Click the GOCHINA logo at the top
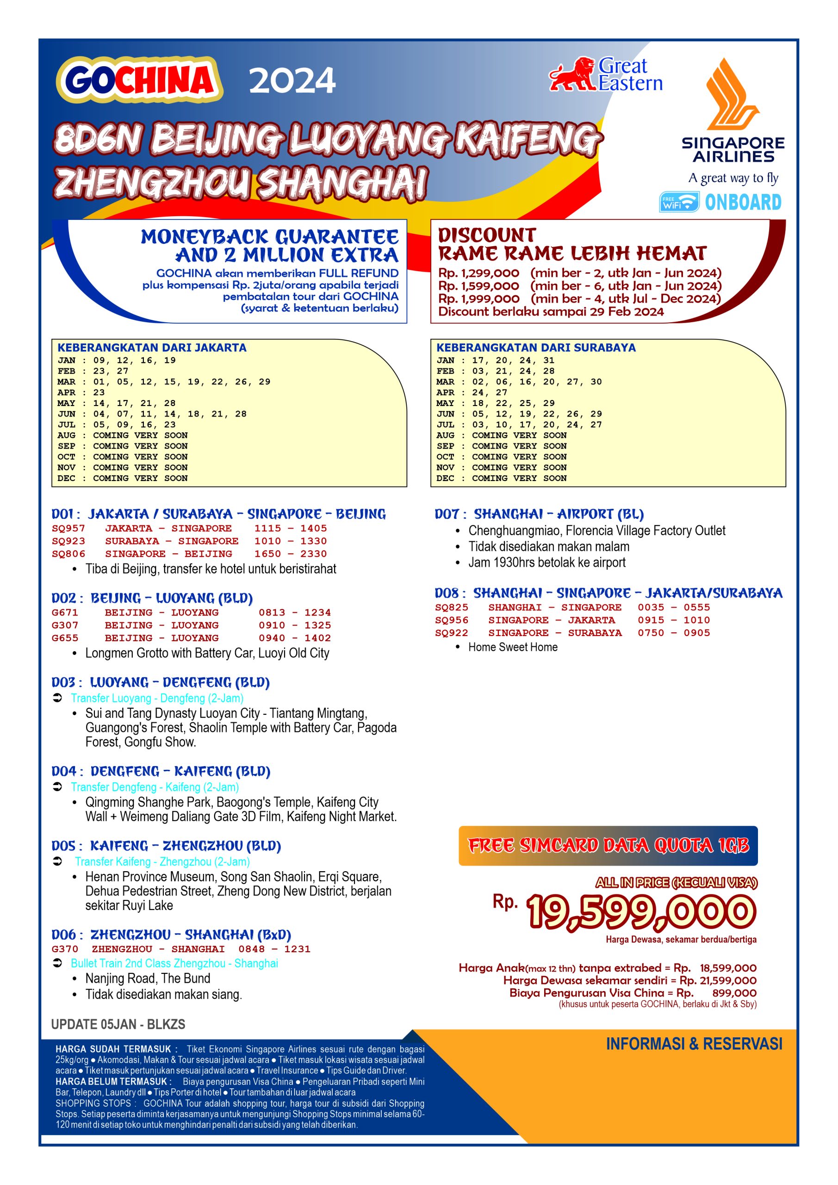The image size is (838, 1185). (139, 81)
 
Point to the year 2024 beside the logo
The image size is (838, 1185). (292, 81)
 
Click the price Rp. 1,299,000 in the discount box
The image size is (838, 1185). (478, 273)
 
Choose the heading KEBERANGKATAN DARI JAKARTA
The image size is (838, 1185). (152, 348)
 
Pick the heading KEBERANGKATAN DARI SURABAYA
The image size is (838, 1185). (536, 348)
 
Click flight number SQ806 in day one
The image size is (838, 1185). (68, 554)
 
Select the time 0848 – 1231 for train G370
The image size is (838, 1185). (274, 948)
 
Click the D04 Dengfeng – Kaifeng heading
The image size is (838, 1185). (161, 771)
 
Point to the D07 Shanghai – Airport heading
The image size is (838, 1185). (539, 514)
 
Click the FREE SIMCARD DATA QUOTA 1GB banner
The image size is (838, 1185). (608, 845)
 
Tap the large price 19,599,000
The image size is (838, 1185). (640, 912)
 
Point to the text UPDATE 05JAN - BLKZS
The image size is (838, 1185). (118, 1024)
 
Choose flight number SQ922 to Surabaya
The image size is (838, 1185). (451, 633)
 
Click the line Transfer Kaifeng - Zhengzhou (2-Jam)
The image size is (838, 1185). (162, 861)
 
